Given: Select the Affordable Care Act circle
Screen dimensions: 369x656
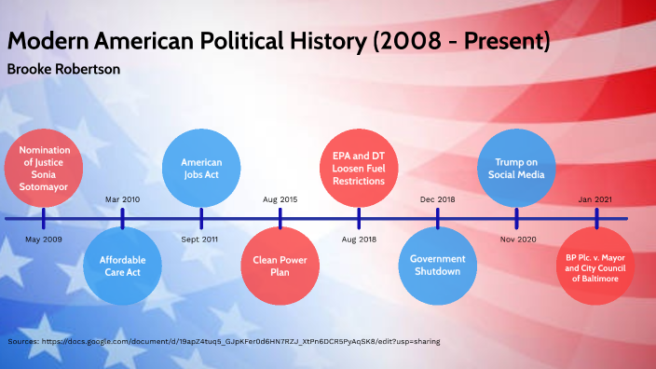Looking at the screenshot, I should point(122,266).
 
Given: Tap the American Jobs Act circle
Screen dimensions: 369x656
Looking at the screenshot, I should point(201,169).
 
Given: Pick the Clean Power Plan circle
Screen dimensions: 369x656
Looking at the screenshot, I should point(280,266).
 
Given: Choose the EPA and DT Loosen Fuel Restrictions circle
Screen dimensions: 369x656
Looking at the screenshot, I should point(359,169).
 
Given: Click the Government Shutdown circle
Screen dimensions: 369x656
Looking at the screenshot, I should point(438,266).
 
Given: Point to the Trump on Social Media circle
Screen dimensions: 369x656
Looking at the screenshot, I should point(517,169).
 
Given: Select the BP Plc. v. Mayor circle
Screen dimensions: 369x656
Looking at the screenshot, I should point(595,266).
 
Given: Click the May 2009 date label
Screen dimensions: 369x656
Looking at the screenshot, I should point(44,239).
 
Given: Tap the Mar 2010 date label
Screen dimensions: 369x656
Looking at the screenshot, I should point(122,198).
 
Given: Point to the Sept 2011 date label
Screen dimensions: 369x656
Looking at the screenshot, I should point(201,239).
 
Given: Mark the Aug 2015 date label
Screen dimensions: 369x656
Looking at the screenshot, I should point(280,198).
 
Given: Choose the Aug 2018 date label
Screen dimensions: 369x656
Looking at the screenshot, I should point(359,239).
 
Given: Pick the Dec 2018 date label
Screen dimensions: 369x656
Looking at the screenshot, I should point(438,198).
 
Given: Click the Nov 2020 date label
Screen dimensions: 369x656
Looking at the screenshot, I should point(517,239).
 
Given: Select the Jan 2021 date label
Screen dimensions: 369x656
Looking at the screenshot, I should point(595,198).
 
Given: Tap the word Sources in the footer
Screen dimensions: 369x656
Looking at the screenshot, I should point(23,342).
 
